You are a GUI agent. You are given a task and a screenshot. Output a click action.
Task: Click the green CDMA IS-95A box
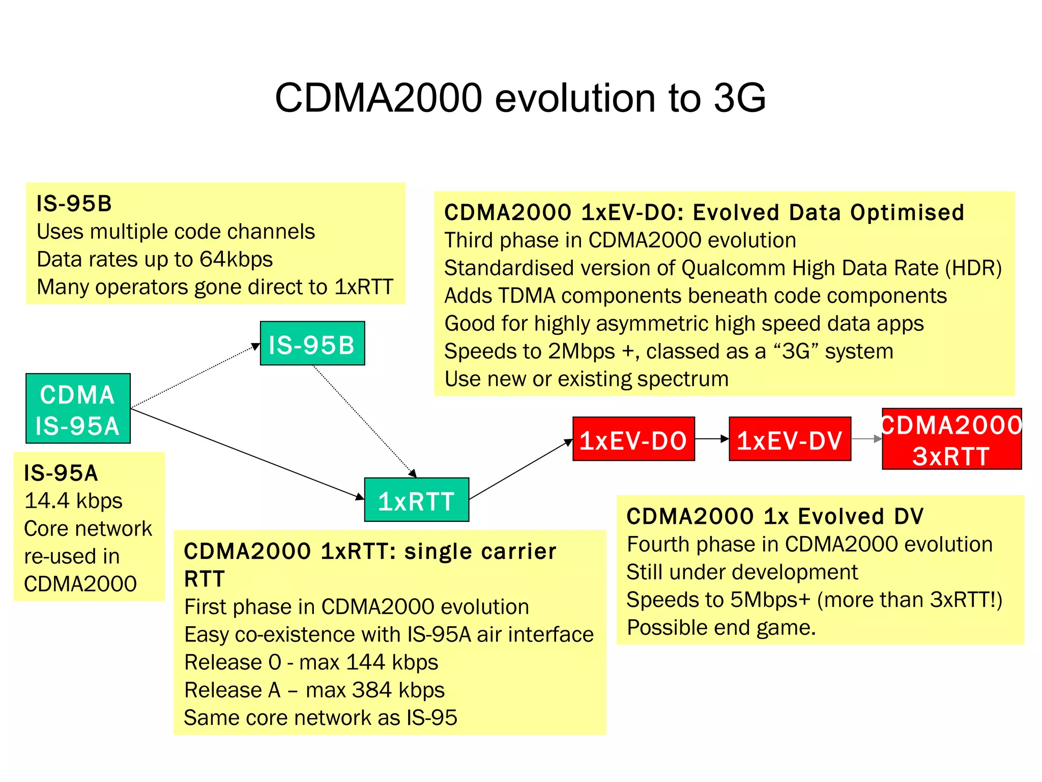click(x=78, y=408)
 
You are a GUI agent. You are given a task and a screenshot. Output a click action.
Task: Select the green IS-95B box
click(x=312, y=343)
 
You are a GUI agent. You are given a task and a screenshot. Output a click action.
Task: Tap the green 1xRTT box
click(x=416, y=499)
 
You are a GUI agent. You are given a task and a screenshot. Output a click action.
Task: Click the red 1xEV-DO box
click(x=633, y=439)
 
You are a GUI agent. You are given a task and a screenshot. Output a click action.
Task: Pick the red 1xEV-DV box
click(x=790, y=439)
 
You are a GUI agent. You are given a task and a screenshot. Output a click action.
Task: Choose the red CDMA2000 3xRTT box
click(x=951, y=439)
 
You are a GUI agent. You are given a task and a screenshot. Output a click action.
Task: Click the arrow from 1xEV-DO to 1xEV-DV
click(x=711, y=439)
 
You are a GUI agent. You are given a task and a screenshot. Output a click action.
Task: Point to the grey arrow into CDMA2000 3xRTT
click(x=866, y=439)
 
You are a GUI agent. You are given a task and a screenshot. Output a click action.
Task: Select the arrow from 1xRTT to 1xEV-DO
click(x=520, y=469)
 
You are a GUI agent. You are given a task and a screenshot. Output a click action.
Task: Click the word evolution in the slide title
click(x=575, y=98)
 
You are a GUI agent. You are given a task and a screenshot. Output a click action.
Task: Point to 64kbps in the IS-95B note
click(x=236, y=259)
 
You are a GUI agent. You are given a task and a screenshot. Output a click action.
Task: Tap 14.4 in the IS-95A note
click(x=47, y=501)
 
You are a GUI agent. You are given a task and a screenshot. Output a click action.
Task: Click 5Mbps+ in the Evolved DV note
click(x=769, y=600)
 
